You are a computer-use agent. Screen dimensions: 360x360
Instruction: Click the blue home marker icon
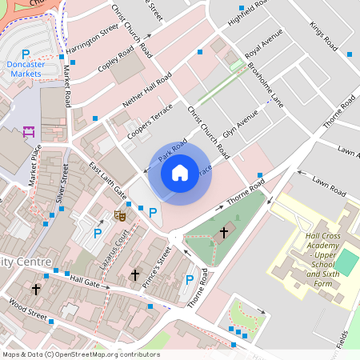click(180, 172)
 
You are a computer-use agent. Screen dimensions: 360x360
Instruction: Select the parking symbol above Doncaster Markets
click(26, 54)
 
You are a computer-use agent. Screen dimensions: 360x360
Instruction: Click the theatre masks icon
click(120, 214)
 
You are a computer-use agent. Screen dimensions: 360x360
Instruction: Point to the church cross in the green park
click(223, 232)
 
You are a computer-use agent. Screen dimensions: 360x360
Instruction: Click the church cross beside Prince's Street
click(134, 275)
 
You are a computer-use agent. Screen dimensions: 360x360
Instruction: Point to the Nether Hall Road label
click(146, 93)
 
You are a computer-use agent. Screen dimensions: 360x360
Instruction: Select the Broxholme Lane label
click(265, 84)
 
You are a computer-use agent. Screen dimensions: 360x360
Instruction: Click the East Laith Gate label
click(107, 182)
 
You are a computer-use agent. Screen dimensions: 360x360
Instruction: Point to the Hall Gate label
click(84, 282)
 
